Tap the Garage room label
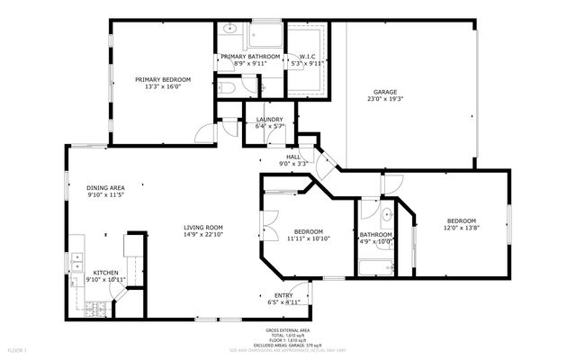pyautogui.click(x=385, y=92)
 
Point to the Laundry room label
pyautogui.click(x=269, y=120)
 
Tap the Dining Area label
pyautogui.click(x=105, y=187)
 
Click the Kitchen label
pyautogui.click(x=105, y=272)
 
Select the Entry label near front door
pyautogui.click(x=283, y=295)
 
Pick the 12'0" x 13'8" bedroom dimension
pyautogui.click(x=461, y=228)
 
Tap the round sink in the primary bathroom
pyautogui.click(x=230, y=28)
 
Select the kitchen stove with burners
pyautogui.click(x=96, y=310)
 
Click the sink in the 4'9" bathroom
pyautogui.click(x=384, y=214)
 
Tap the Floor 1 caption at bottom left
pyautogui.click(x=18, y=349)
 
